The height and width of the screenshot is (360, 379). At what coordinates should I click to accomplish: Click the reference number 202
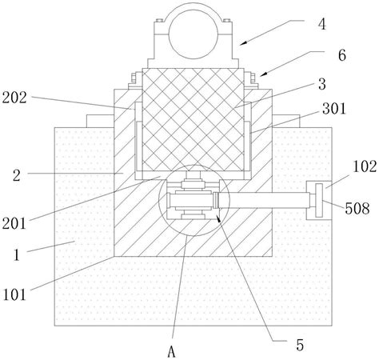pos(14,98)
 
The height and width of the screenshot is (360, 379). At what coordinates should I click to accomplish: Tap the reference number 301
pos(334,109)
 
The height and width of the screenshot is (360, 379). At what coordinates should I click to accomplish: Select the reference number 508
pos(357,208)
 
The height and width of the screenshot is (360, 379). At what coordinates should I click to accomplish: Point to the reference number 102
pos(365,166)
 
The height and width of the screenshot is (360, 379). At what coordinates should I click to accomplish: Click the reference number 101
pos(14,294)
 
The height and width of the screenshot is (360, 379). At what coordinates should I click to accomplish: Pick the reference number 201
pos(14,223)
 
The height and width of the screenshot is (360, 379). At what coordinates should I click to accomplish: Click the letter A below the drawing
pos(172,352)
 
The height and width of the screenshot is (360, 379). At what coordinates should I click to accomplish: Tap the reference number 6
pos(342,55)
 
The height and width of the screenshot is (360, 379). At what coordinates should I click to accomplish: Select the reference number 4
pos(322,25)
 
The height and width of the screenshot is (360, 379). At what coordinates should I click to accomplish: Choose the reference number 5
pos(300,346)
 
